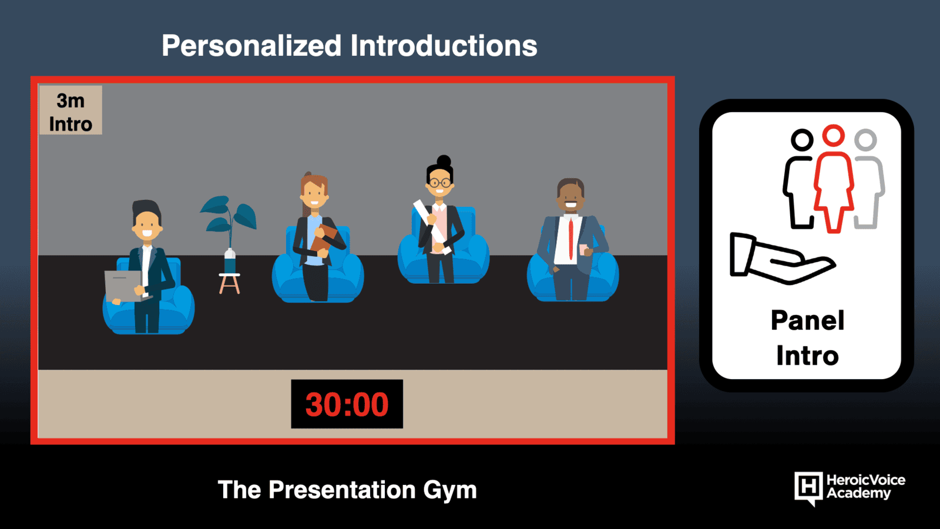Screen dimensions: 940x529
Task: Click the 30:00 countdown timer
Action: click(347, 404)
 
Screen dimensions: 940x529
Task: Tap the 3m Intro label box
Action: click(70, 110)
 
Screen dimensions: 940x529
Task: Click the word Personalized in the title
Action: click(251, 46)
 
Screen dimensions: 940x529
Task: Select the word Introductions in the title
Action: click(444, 46)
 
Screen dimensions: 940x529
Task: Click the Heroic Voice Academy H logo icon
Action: click(808, 488)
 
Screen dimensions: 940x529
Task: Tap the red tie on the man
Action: click(570, 239)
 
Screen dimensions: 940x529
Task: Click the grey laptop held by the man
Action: click(123, 286)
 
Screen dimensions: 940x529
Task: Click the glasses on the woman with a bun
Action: click(439, 183)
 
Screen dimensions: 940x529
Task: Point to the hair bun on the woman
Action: click(444, 161)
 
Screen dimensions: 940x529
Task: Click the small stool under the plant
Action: click(230, 283)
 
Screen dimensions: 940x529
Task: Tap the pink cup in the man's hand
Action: click(583, 249)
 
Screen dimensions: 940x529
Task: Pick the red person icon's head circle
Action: click(833, 135)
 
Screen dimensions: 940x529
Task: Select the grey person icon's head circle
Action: click(865, 140)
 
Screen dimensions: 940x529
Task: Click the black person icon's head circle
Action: click(802, 140)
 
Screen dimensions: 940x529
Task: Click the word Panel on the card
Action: click(807, 321)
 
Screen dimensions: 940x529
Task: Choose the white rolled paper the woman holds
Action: click(432, 227)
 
